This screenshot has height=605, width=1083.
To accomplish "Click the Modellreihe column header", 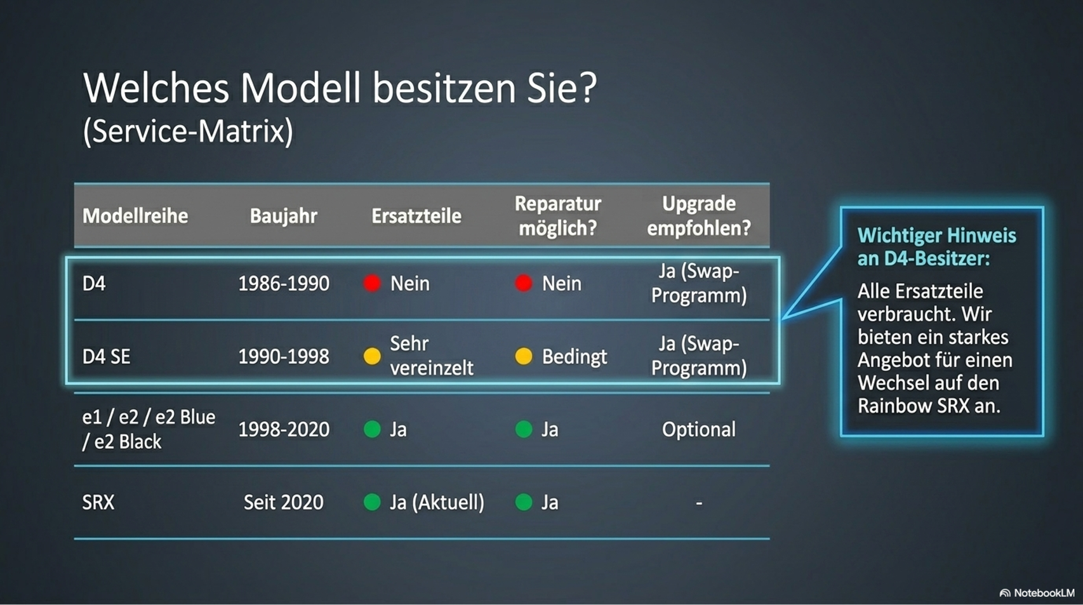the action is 135,216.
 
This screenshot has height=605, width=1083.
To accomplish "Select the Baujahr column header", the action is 283,216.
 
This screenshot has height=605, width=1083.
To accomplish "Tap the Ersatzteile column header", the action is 416,216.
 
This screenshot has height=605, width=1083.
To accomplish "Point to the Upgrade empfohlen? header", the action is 699,216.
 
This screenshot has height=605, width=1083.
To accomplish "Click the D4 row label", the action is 94,283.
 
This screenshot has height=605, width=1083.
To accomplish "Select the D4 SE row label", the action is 107,357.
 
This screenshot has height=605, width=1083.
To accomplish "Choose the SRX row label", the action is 98,503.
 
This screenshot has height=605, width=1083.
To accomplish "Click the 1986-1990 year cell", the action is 284,283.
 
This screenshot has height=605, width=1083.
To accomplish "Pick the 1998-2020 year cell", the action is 284,429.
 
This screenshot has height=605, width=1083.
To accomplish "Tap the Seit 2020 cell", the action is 283,503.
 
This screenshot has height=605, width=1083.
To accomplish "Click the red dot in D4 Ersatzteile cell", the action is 372,283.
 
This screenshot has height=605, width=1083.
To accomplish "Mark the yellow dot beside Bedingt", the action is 524,356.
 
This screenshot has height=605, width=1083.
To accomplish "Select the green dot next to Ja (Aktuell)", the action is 372,502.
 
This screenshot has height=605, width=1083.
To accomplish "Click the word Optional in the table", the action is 699,429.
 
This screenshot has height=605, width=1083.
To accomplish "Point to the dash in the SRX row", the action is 699,503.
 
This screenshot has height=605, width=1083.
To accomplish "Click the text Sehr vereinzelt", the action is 432,356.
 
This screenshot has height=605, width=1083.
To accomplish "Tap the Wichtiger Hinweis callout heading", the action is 937,247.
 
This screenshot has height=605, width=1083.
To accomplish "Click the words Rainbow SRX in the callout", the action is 914,406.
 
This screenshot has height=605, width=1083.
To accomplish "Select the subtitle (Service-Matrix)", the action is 188,131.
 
